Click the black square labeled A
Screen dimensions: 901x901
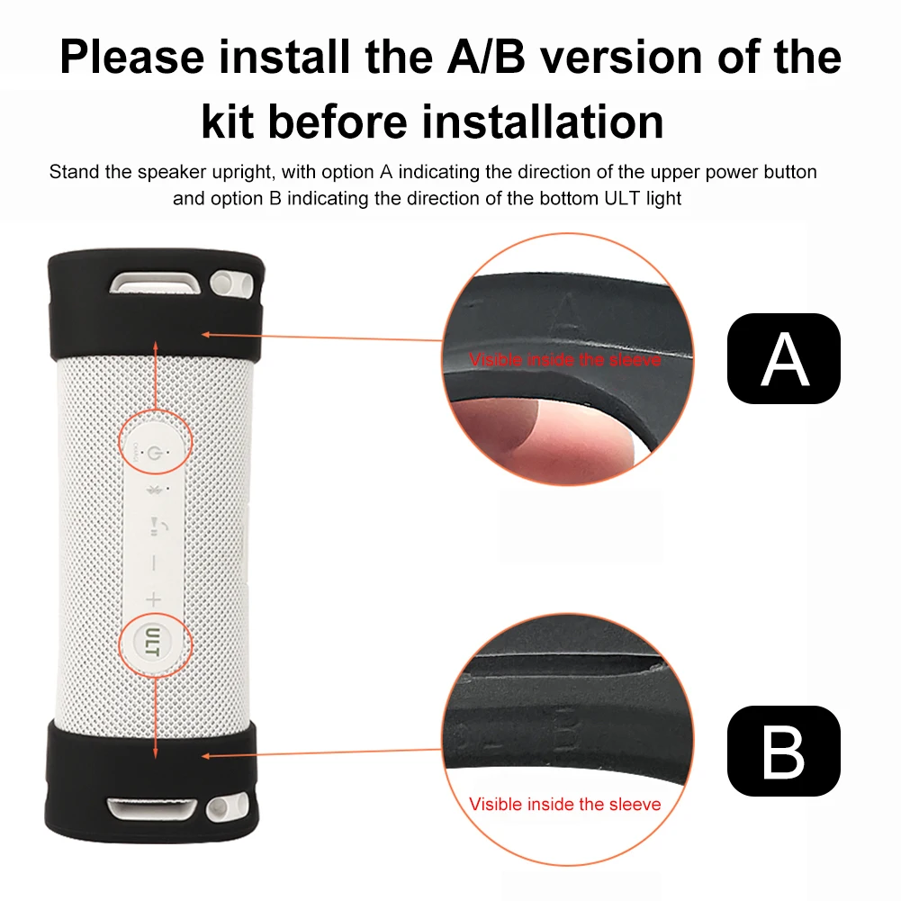(x=783, y=358)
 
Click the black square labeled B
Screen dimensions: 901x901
(x=783, y=751)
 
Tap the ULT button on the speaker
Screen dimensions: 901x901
(x=153, y=641)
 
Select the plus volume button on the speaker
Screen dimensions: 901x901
(x=153, y=599)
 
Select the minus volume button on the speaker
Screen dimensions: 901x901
(x=153, y=563)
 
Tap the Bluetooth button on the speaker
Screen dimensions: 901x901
(x=154, y=490)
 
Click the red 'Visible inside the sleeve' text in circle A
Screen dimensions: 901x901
(x=565, y=360)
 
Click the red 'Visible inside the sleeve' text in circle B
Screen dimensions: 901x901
(x=565, y=804)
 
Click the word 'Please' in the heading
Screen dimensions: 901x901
(x=132, y=58)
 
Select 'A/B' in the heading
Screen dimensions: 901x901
(x=486, y=57)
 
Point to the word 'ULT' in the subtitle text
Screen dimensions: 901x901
(x=622, y=198)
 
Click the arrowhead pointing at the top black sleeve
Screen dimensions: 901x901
(x=206, y=335)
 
